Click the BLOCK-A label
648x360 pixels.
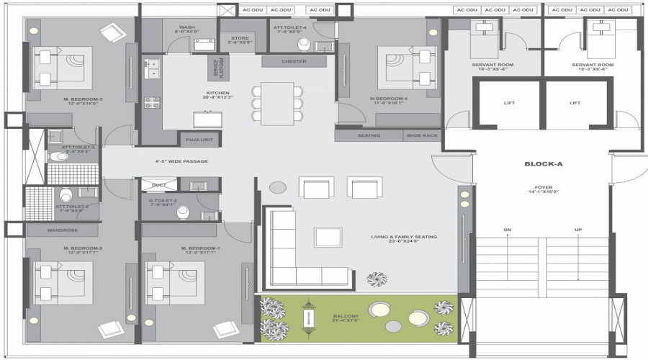point(543,165)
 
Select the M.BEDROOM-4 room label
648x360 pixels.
point(390,99)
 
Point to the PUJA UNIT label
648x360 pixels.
point(199,140)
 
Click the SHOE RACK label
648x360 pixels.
point(420,135)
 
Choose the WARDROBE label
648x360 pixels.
point(63,230)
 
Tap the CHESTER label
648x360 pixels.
point(294,61)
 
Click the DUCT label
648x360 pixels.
point(159,186)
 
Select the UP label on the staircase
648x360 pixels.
point(577,230)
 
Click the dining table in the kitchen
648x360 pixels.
point(277,100)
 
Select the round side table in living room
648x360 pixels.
point(278,187)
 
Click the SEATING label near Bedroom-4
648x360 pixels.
point(368,135)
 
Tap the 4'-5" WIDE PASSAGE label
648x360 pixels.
point(181,161)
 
